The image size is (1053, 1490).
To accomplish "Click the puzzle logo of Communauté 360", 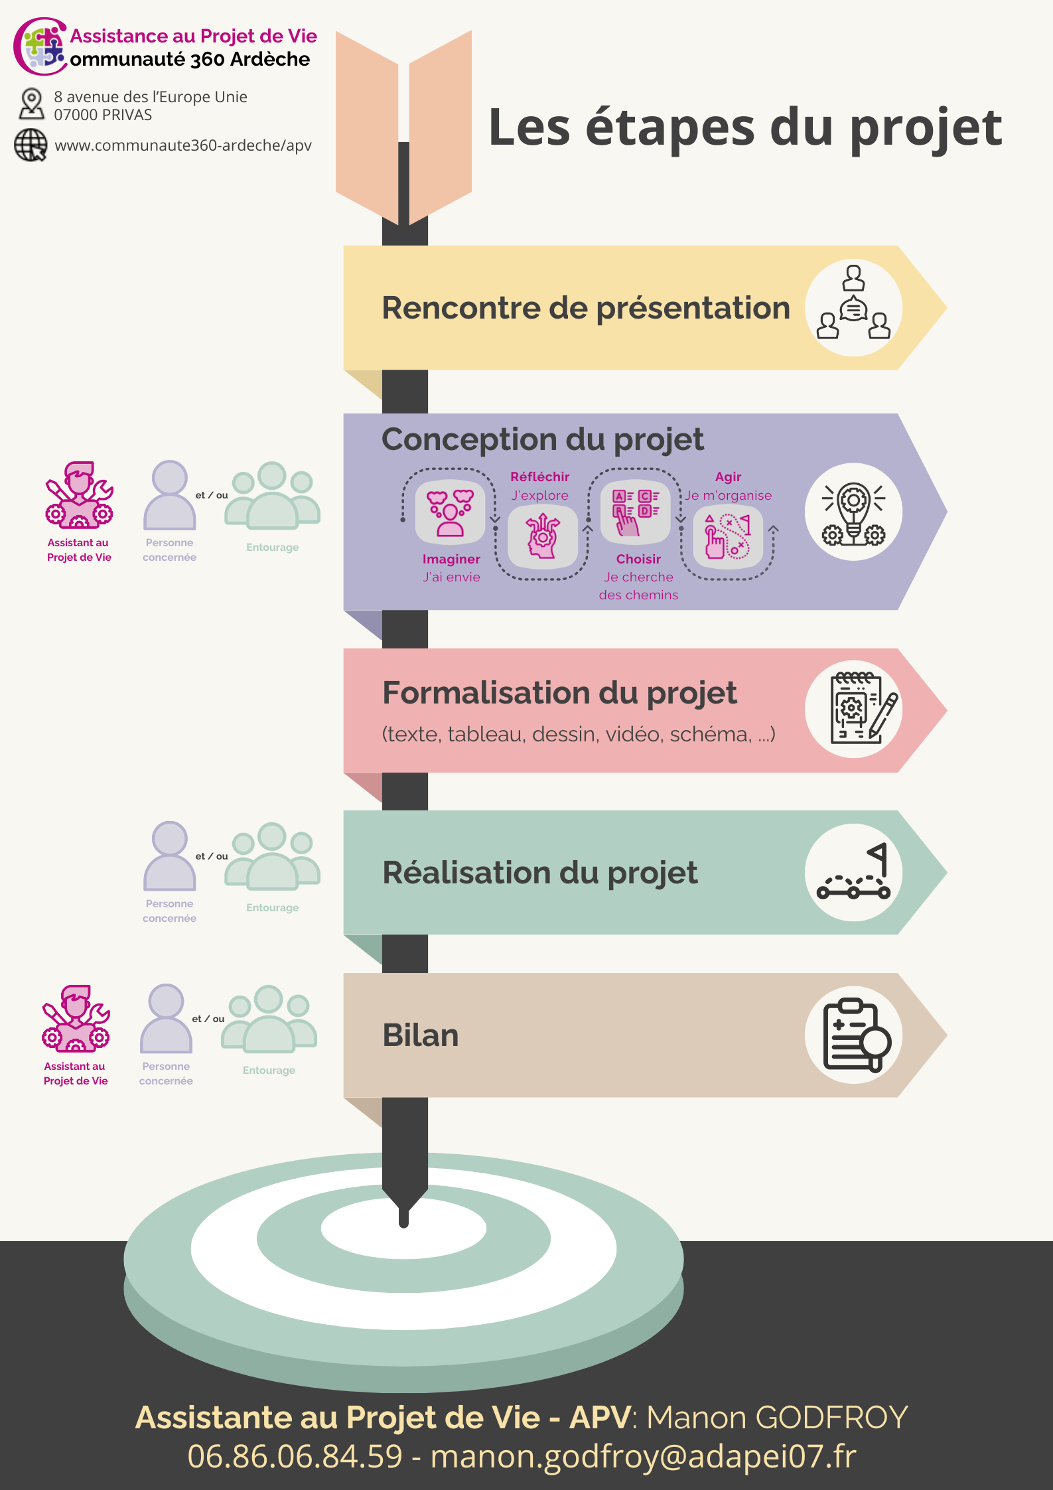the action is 42,46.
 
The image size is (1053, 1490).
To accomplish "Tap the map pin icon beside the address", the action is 31,104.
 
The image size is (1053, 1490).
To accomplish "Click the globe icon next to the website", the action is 31,145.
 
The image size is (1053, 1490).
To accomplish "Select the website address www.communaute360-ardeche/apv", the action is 183,145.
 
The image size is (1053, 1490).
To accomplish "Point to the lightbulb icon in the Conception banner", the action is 853,512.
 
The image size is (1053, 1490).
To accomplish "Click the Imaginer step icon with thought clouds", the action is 451,512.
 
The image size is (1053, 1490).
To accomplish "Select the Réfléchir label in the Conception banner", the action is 539,477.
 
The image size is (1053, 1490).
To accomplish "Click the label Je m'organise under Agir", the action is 729,495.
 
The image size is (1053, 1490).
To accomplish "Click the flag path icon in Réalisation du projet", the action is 853,872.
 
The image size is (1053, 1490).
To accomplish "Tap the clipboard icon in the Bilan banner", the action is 854,1035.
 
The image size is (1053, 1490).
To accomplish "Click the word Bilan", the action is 421,1035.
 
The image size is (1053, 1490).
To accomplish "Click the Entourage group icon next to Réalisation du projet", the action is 273,856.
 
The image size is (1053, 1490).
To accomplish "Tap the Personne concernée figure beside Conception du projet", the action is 169,495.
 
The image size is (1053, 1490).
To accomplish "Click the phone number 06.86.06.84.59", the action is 295,1456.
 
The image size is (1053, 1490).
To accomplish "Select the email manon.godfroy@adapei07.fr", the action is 643,1456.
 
